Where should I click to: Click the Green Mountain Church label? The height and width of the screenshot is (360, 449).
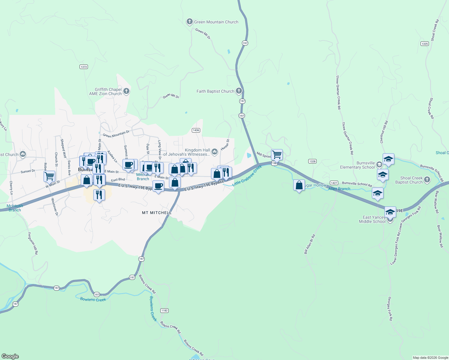coord(216,22)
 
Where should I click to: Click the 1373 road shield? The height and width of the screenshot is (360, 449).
coord(84,67)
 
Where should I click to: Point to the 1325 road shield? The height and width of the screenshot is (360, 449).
coord(424,43)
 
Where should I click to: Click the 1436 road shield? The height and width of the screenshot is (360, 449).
coord(196,130)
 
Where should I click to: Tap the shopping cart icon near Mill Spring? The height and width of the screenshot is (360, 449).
coord(277,154)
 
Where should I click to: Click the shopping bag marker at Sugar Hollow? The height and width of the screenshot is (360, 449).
coord(299,185)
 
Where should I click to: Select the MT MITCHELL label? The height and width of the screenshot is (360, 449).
coord(157,213)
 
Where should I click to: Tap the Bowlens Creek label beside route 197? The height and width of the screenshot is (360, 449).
coord(93,299)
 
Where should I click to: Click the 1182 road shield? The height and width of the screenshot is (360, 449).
coord(164,310)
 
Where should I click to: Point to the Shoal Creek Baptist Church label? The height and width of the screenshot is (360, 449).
coord(409,180)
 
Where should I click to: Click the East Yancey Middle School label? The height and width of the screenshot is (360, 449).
coord(372,219)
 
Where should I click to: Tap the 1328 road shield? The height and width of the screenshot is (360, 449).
coord(312,161)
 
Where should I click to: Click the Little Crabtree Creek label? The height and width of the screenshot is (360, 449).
coord(247,175)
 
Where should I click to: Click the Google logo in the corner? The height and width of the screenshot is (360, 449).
coord(10,356)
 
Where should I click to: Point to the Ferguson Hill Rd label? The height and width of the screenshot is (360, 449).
coord(33,243)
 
